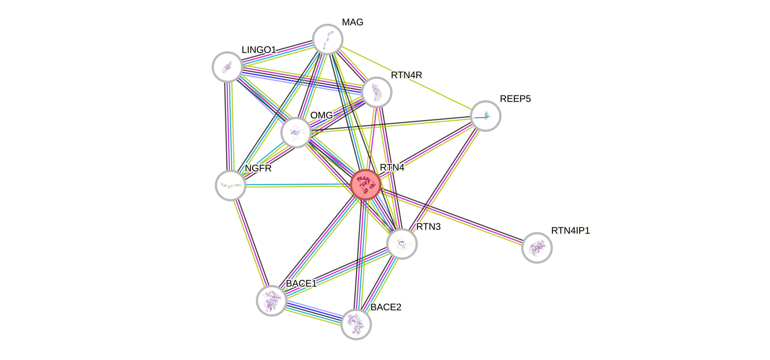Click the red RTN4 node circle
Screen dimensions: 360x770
(365, 185)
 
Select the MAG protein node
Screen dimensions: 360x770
(327, 39)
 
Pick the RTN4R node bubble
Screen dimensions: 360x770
(376, 92)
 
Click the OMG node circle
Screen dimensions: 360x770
(296, 132)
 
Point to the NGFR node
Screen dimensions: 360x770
(231, 185)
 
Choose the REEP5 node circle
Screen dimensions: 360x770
(485, 116)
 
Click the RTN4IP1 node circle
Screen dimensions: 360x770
(537, 248)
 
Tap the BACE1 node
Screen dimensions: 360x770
(272, 300)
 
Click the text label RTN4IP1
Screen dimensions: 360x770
(570, 231)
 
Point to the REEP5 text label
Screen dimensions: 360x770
(515, 99)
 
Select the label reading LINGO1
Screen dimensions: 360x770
(259, 49)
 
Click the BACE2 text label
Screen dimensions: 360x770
(386, 307)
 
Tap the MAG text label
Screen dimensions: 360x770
(353, 22)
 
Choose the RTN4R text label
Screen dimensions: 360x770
(407, 75)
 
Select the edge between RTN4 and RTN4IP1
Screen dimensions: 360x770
(451, 216)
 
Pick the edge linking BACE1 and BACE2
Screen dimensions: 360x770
(314, 312)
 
